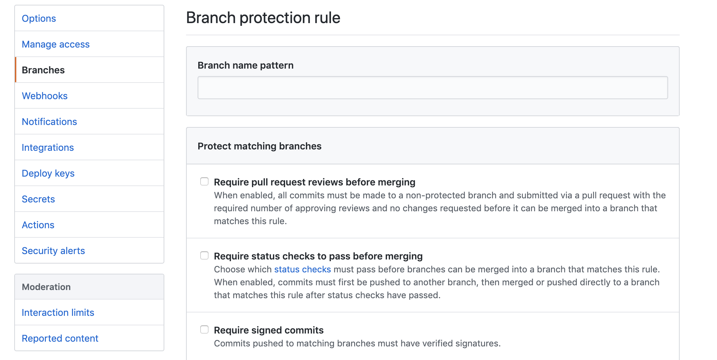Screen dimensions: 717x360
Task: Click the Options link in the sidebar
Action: pyautogui.click(x=39, y=18)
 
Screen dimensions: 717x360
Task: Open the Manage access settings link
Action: pyautogui.click(x=56, y=44)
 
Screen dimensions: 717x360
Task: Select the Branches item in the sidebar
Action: pyautogui.click(x=43, y=70)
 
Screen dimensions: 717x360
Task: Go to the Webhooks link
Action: pyautogui.click(x=44, y=96)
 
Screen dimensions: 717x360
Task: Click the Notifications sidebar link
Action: pyautogui.click(x=49, y=122)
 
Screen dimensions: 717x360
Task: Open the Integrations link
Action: pyautogui.click(x=48, y=147)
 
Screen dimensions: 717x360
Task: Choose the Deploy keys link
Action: pyautogui.click(x=48, y=173)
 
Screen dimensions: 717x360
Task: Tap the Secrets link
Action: pyautogui.click(x=38, y=199)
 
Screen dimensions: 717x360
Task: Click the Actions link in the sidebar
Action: pyautogui.click(x=38, y=225)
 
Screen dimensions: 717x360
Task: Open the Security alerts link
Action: pyautogui.click(x=53, y=251)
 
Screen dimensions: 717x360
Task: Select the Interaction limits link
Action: pyautogui.click(x=58, y=312)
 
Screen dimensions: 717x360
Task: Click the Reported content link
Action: pyautogui.click(x=60, y=338)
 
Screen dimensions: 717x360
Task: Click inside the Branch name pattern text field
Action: pyautogui.click(x=433, y=88)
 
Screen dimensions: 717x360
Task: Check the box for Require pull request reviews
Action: pyautogui.click(x=204, y=182)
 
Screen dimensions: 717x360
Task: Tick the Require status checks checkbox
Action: pyautogui.click(x=204, y=256)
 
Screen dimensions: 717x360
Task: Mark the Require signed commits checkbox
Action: pyautogui.click(x=204, y=330)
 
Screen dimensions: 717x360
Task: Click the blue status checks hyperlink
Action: pyautogui.click(x=302, y=269)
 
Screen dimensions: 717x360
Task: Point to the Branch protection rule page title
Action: pyautogui.click(x=263, y=18)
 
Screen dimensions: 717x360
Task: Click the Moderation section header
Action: pyautogui.click(x=46, y=287)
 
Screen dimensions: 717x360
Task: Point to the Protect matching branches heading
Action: pyautogui.click(x=259, y=146)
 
